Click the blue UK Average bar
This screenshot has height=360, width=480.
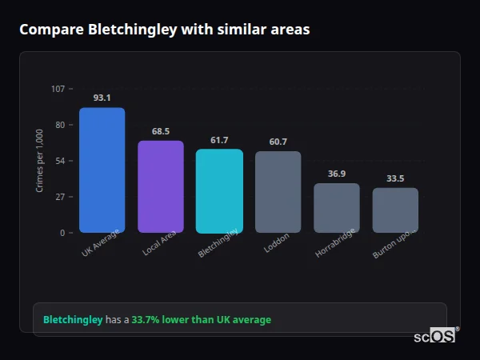[x=102, y=170]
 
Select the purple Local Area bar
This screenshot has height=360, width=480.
[x=161, y=186]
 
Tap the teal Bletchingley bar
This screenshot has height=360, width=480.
[x=219, y=191]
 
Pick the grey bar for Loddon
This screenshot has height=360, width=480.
[x=278, y=192]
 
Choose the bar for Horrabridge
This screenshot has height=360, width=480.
[x=337, y=208]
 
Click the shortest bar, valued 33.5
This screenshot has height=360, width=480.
[x=395, y=210]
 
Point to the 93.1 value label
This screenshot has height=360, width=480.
[x=102, y=98]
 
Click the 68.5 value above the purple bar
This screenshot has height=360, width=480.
[x=161, y=131]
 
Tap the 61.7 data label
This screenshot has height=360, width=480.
[x=219, y=140]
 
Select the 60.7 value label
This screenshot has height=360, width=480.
[x=278, y=142]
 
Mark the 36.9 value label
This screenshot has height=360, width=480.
[x=337, y=174]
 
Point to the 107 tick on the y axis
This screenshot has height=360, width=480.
[x=58, y=89]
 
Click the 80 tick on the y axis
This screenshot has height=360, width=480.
[x=60, y=125]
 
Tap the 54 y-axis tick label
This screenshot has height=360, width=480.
[x=60, y=161]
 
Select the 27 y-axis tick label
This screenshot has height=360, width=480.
[x=60, y=197]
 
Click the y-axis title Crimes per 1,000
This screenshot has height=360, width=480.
[x=39, y=161]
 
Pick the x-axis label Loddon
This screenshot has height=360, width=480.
[x=276, y=243]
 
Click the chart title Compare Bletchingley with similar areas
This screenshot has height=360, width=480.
[x=164, y=30]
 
